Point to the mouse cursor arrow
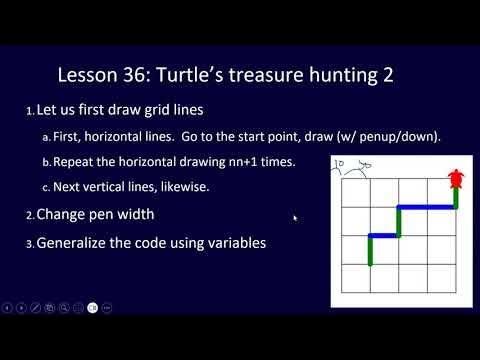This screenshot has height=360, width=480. (x=294, y=216)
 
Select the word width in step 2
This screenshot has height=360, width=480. (x=131, y=214)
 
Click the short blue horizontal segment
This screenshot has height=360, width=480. (x=385, y=236)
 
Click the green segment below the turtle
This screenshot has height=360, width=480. (x=457, y=198)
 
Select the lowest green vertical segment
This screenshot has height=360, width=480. (x=370, y=251)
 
